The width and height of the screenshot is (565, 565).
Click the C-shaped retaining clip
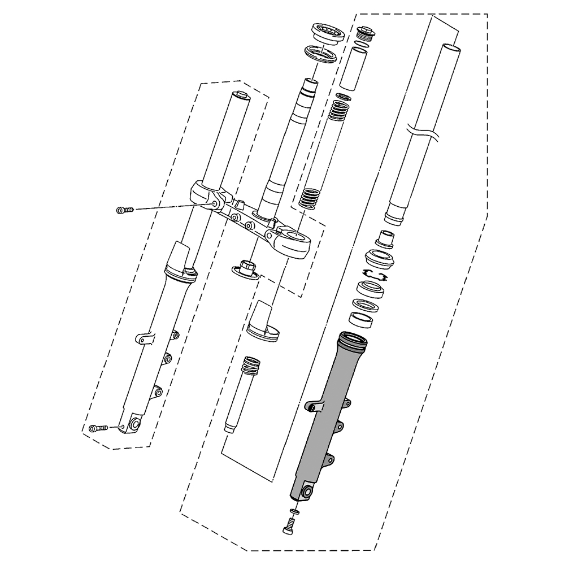click(375, 275)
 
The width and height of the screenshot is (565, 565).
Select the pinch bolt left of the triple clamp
click(124, 210)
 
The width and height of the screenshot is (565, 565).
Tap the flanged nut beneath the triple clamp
click(246, 267)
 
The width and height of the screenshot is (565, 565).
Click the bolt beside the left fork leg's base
click(97, 429)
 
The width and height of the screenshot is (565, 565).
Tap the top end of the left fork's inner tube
click(240, 94)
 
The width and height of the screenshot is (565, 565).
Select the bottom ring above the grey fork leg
click(361, 319)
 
